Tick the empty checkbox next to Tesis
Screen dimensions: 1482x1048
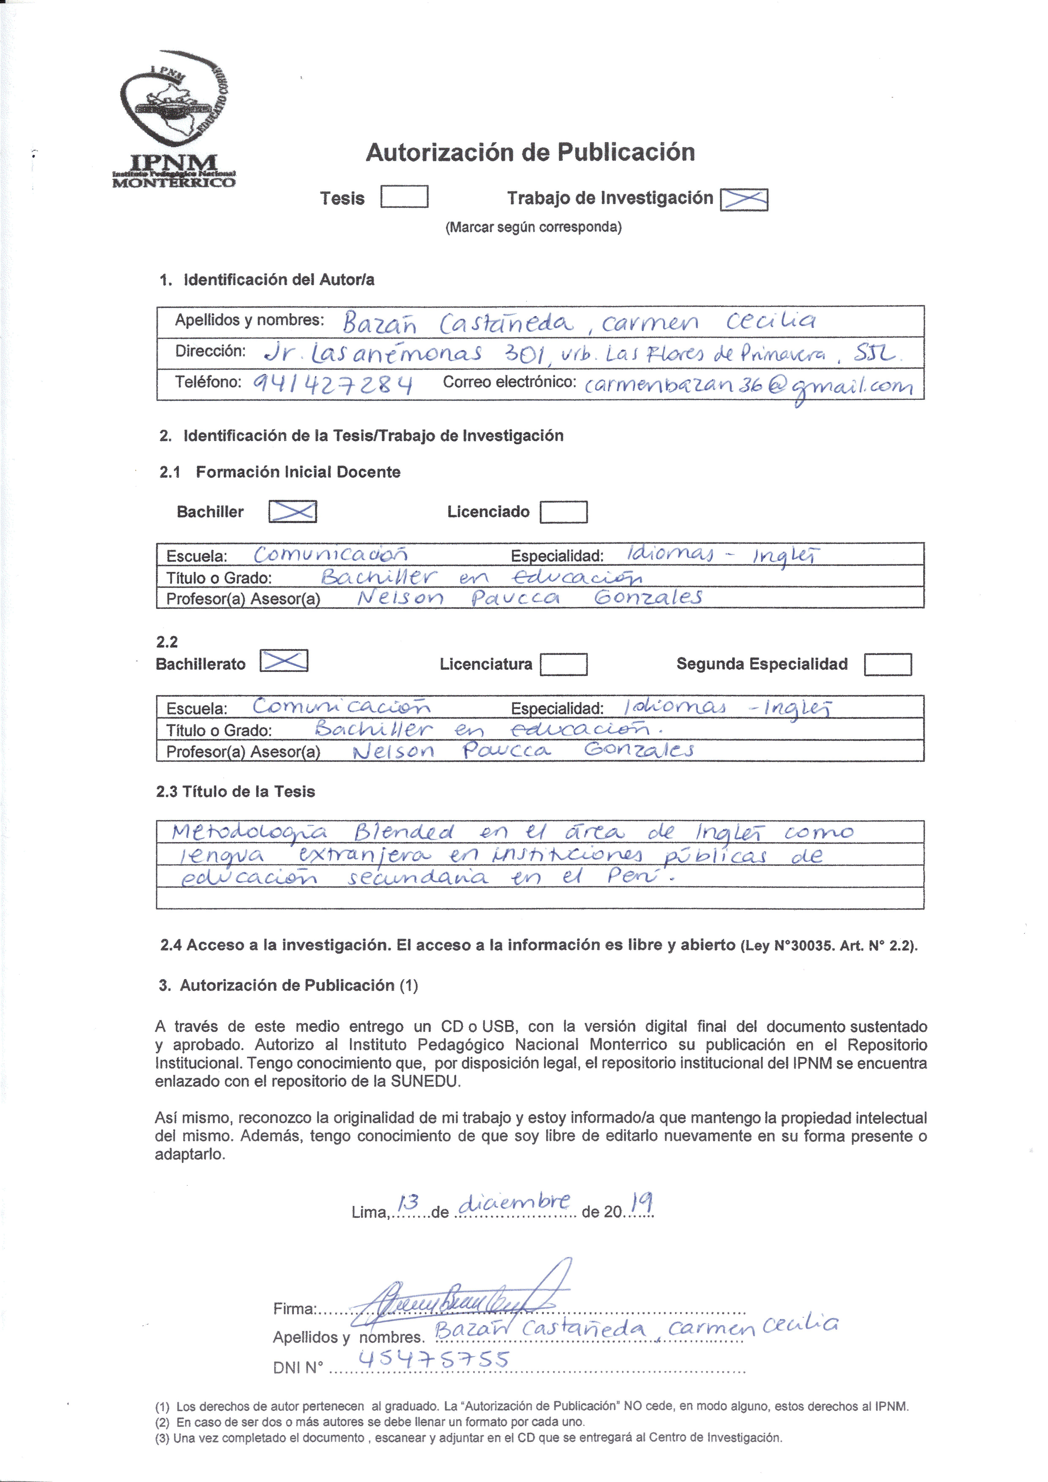[x=404, y=196]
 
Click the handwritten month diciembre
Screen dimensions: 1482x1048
[x=514, y=1202]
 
